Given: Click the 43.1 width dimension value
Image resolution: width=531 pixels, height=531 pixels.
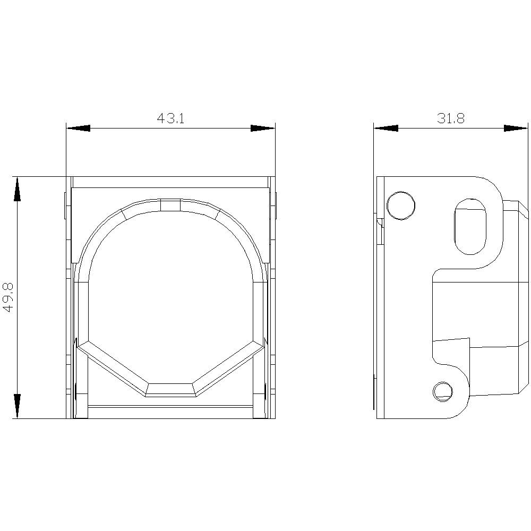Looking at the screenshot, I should pos(170,118).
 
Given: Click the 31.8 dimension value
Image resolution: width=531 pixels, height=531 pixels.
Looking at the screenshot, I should pos(451,118).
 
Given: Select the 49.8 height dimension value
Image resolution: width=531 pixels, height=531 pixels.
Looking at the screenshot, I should pos(9,297).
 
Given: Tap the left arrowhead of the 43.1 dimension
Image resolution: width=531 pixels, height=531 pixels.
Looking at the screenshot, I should pos(78,129).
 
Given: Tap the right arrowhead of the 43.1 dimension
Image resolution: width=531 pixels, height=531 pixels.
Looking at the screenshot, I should pos(263,129).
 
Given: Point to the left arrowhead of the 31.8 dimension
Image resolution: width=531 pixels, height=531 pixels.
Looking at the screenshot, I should pos(386,129).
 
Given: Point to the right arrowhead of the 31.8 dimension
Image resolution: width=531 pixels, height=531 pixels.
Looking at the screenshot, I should pos(516,129).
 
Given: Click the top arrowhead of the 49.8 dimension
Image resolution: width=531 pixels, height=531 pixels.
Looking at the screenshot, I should pos(17,189).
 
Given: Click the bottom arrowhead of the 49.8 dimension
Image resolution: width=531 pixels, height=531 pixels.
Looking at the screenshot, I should pos(17,406).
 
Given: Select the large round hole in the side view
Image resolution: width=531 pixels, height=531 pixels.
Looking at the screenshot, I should pos(400,205).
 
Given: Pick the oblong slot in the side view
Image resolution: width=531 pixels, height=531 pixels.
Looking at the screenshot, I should pos(470,226).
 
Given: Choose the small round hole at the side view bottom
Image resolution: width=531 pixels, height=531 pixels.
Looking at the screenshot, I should pos(442,391).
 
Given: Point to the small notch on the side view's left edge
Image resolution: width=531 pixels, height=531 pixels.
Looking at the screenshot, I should pos(380,223).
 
